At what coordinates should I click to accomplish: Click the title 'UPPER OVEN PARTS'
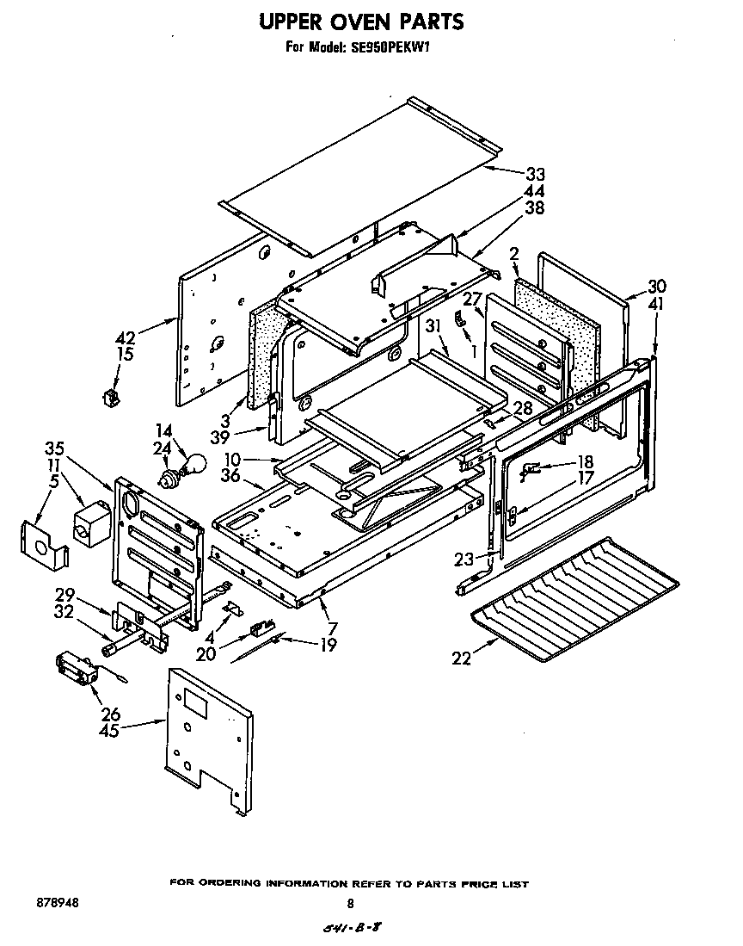(361, 21)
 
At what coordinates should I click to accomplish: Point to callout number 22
(461, 658)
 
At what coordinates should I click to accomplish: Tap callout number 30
(657, 287)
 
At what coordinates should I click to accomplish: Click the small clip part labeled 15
(110, 397)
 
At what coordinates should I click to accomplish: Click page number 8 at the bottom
(350, 904)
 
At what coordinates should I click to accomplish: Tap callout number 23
(464, 559)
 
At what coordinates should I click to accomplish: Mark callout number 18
(586, 461)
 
